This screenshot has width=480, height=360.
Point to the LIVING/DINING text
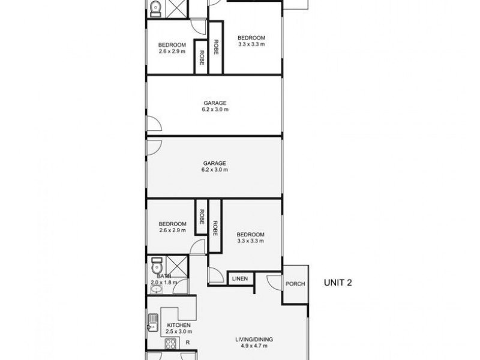pos(254,340)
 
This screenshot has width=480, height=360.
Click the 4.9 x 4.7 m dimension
pos(254,346)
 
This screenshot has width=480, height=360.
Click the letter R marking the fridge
pos(187,343)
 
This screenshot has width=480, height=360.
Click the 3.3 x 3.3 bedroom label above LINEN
pos(250,234)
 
